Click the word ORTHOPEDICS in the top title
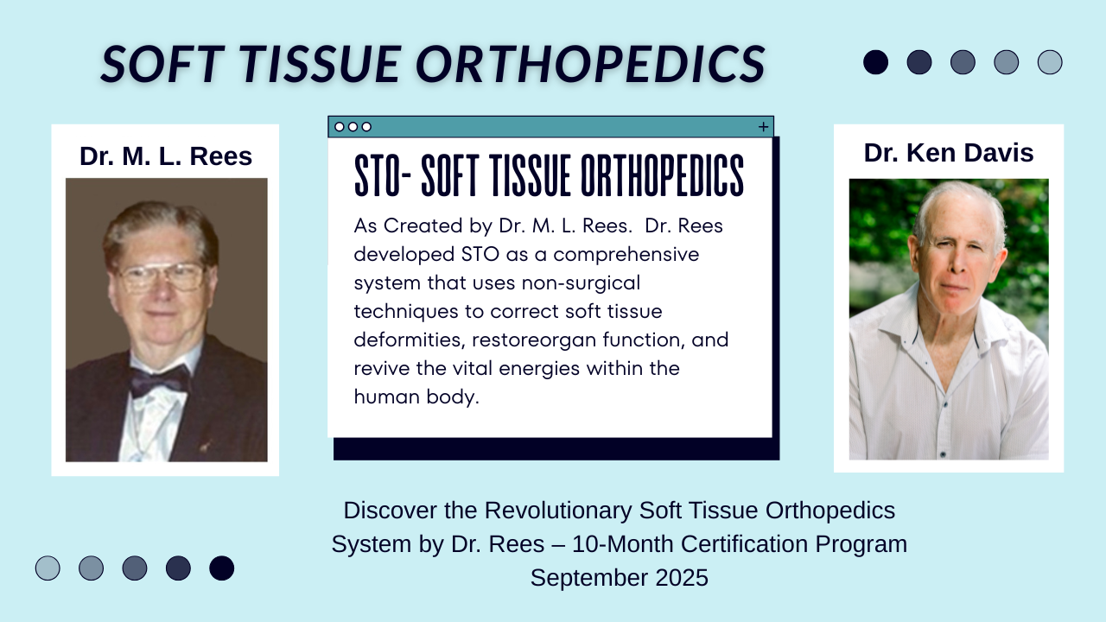pyautogui.click(x=590, y=64)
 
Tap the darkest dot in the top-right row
pyautogui.click(x=875, y=62)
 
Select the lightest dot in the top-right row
pyautogui.click(x=1050, y=62)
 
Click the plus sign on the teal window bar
pyautogui.click(x=763, y=127)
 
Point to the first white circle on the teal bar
pyautogui.click(x=340, y=127)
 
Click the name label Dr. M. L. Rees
pyautogui.click(x=166, y=156)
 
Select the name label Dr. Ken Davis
pyautogui.click(x=949, y=153)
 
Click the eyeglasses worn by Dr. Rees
pyautogui.click(x=161, y=276)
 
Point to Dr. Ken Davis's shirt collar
pyautogui.click(x=945, y=326)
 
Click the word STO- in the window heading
pyautogui.click(x=383, y=175)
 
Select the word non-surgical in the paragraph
pyautogui.click(x=581, y=282)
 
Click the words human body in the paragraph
pyautogui.click(x=416, y=397)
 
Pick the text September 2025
pyautogui.click(x=620, y=578)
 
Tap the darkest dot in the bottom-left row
pyautogui.click(x=222, y=568)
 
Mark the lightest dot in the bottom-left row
pyautogui.click(x=48, y=568)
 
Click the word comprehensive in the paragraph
pyautogui.click(x=626, y=255)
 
